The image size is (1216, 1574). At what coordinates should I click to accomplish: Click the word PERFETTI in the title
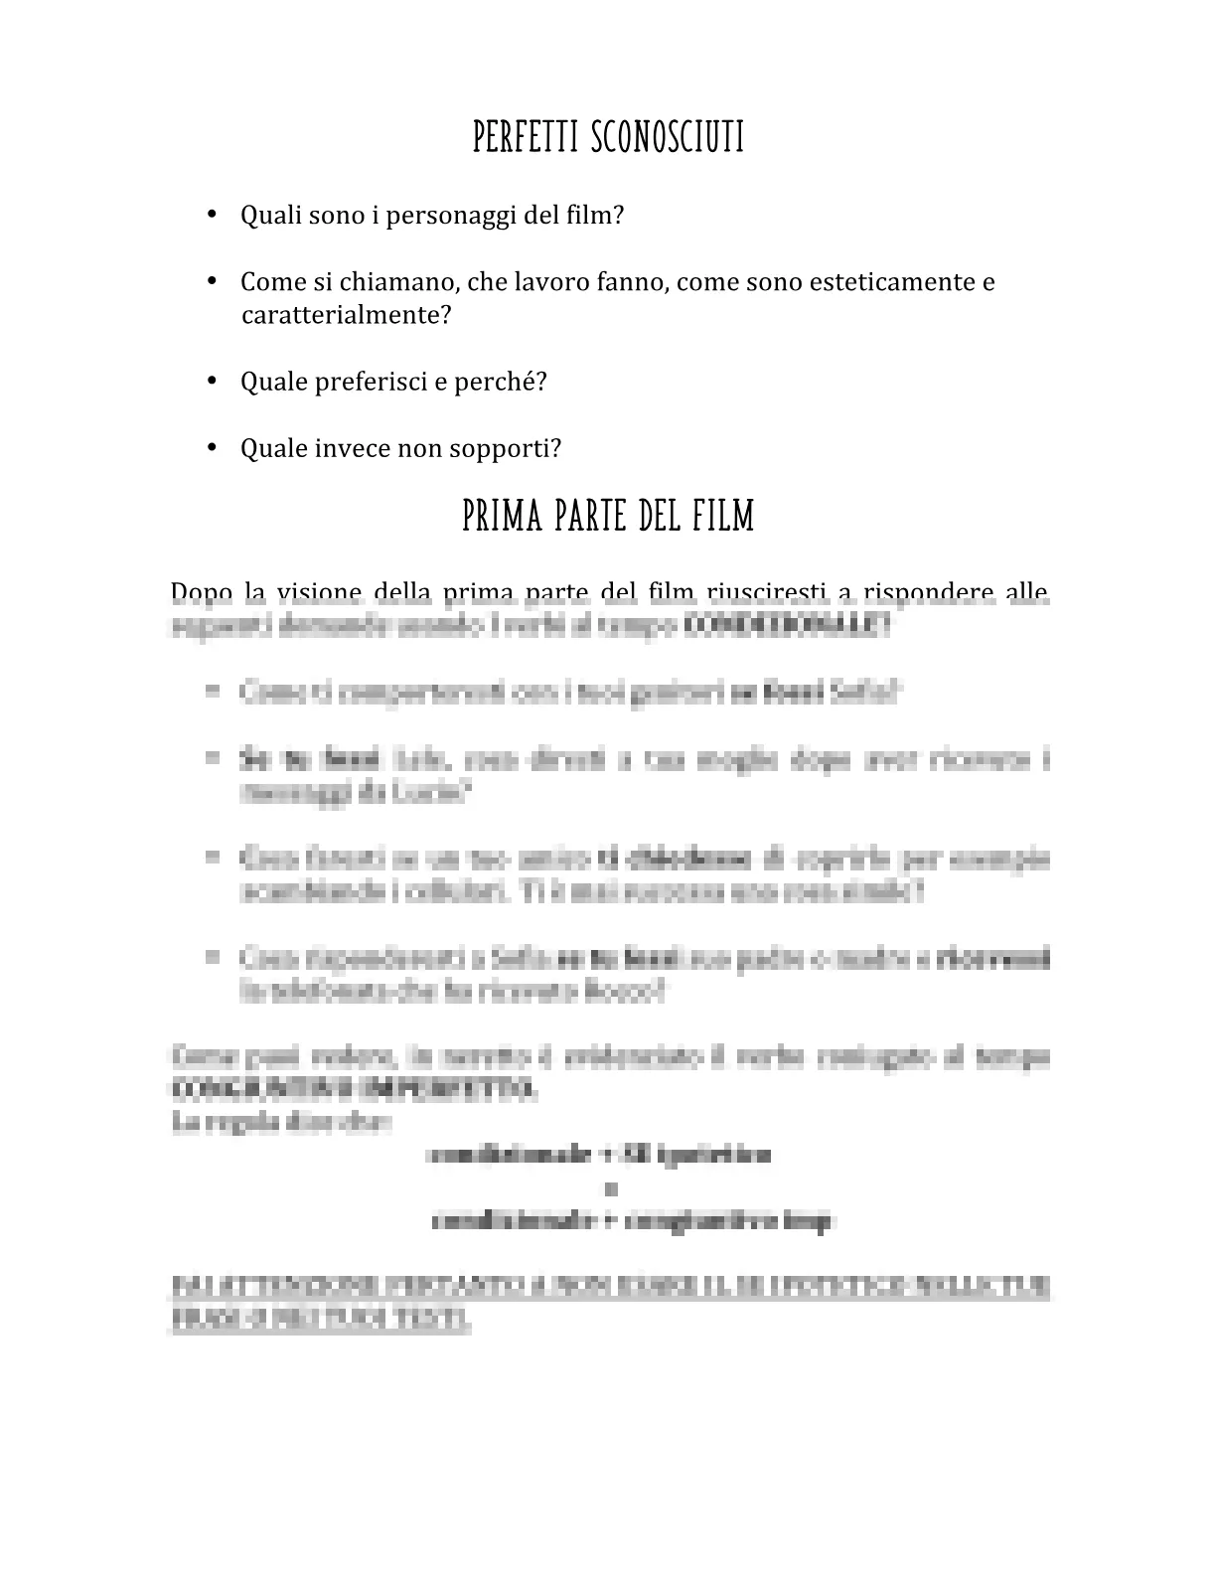click(527, 138)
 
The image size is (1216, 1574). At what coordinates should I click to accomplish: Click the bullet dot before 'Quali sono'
click(212, 215)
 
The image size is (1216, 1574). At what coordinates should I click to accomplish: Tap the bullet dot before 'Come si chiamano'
click(212, 281)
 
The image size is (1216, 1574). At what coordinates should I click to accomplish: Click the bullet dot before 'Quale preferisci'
click(212, 382)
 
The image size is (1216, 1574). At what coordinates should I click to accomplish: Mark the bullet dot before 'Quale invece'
click(212, 448)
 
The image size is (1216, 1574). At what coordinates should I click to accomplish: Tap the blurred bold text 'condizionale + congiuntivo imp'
click(632, 1221)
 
